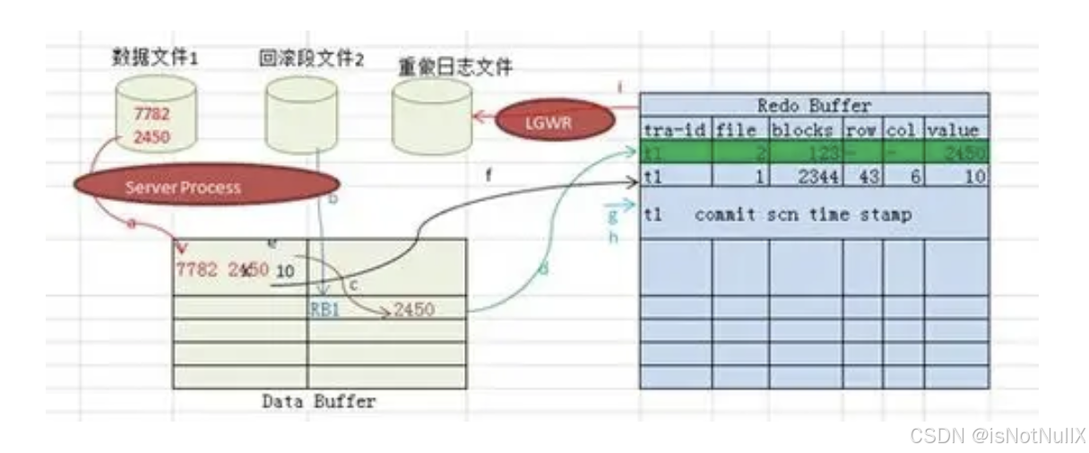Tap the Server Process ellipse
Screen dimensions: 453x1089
[x=183, y=187]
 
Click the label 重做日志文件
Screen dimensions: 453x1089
[x=456, y=66]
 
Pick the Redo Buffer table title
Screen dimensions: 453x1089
[x=813, y=106]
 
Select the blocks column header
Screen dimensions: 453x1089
[x=805, y=129]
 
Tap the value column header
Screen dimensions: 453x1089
[x=955, y=129]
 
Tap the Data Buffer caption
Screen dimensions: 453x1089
[x=319, y=401]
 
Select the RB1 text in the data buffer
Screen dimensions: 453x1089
[x=324, y=310]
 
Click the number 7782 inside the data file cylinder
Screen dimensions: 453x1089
[x=151, y=114]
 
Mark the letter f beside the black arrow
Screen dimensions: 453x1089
[x=488, y=176]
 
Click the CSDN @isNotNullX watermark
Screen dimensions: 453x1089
[x=997, y=436]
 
